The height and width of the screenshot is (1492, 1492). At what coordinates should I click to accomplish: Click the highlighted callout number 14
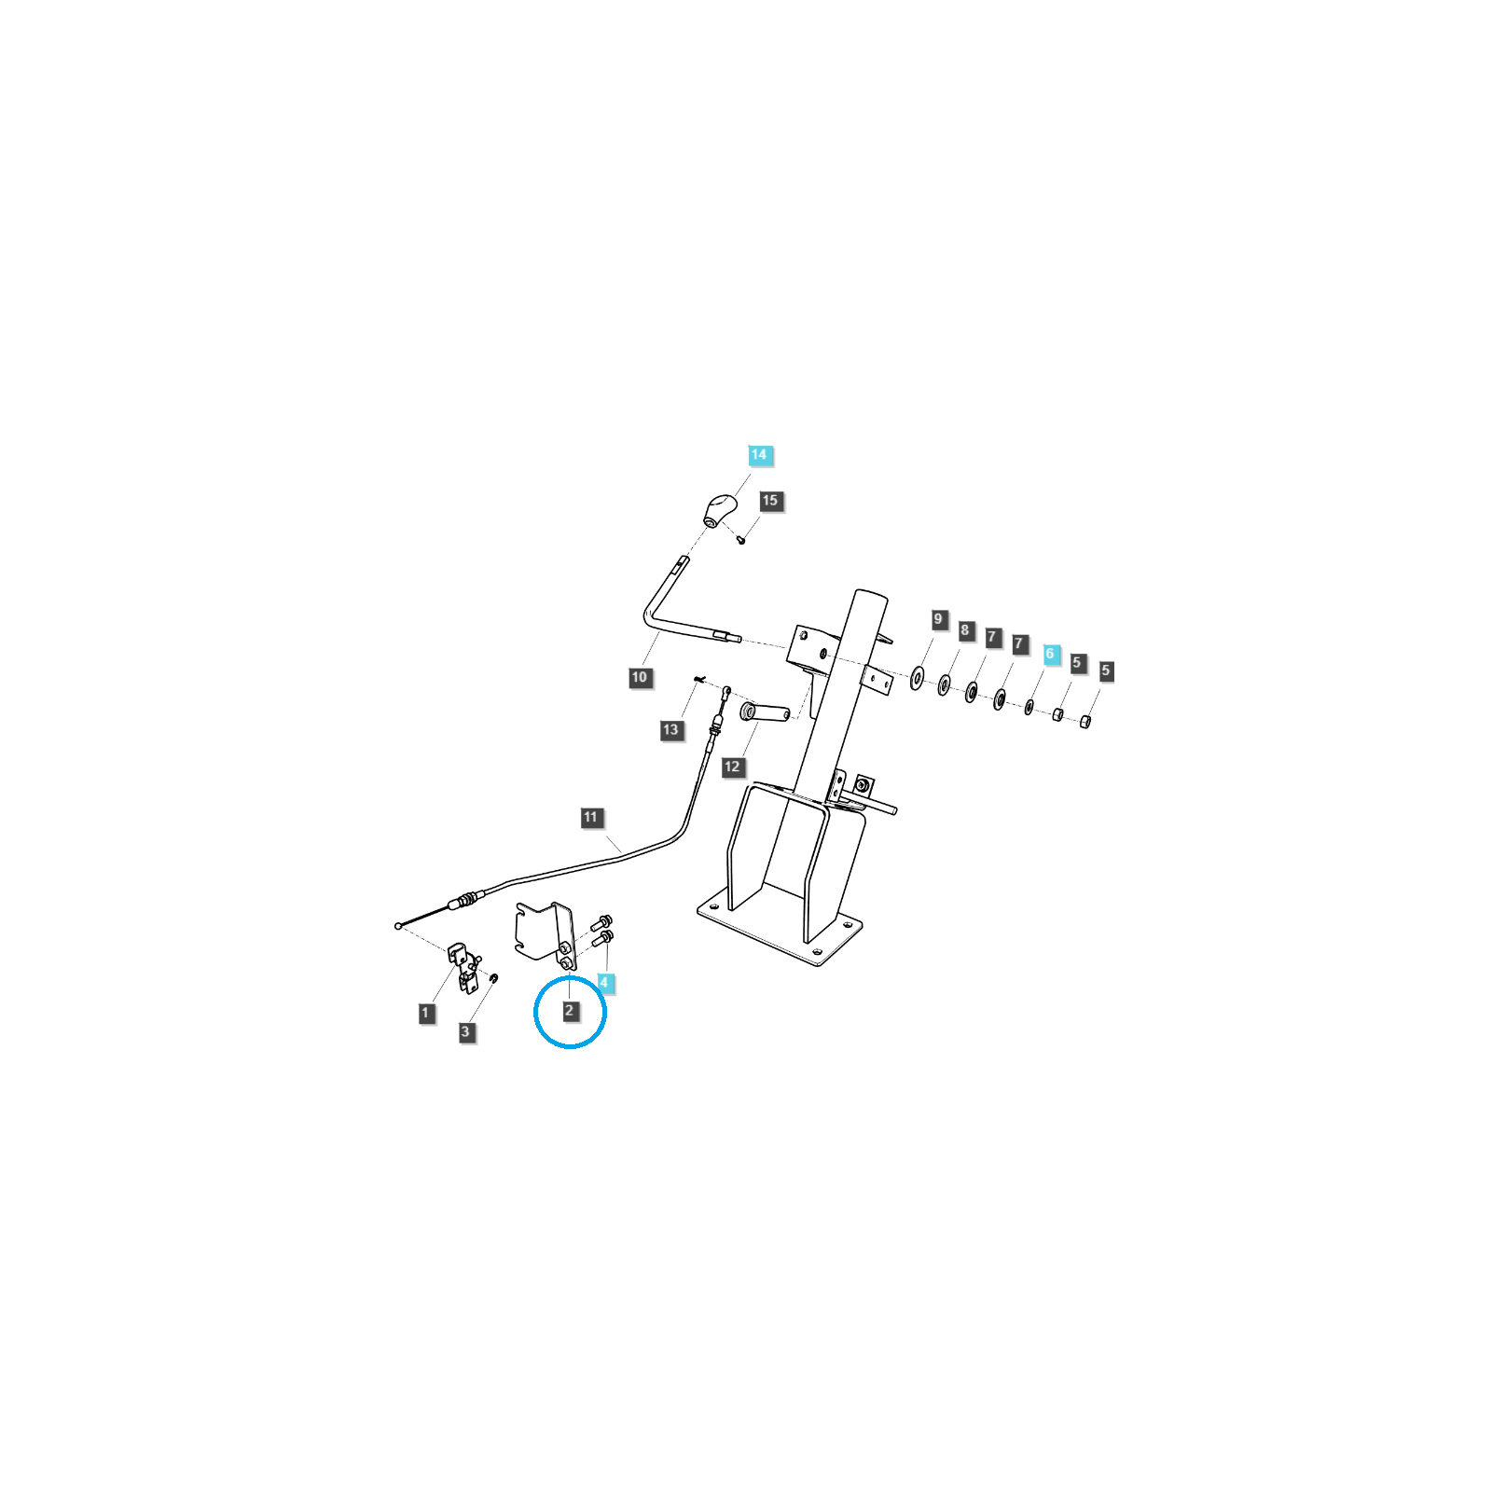click(759, 455)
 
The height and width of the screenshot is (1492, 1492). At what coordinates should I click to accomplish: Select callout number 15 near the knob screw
click(770, 501)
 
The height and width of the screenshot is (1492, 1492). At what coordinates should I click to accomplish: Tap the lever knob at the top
click(719, 510)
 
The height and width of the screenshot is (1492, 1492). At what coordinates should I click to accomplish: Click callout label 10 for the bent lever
click(640, 677)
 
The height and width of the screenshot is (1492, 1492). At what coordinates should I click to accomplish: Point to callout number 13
click(670, 729)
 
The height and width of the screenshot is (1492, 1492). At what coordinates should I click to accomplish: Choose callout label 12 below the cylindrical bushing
click(732, 767)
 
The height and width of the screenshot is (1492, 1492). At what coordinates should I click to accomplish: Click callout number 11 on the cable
click(590, 818)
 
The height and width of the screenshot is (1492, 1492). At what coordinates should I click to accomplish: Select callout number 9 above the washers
click(939, 619)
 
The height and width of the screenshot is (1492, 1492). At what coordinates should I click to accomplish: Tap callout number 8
click(965, 630)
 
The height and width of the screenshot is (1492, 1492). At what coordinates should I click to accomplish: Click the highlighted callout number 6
click(1050, 654)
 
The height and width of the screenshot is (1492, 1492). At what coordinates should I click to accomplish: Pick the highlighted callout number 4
click(604, 983)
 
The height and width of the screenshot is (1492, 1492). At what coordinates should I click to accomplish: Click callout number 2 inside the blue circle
click(570, 1011)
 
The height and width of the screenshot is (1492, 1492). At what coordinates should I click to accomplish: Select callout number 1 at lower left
click(426, 1013)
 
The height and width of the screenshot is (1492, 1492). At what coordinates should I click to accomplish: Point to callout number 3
click(466, 1031)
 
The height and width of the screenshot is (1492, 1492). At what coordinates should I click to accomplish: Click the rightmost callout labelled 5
click(1106, 670)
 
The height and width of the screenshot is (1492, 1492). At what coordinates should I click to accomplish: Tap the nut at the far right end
click(1084, 721)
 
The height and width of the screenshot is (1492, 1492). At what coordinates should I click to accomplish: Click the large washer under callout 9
click(917, 678)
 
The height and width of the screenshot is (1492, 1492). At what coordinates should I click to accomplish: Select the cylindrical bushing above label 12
click(765, 712)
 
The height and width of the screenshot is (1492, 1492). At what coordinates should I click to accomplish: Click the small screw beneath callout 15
click(741, 538)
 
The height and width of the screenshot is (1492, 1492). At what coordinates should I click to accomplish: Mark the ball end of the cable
click(398, 926)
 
